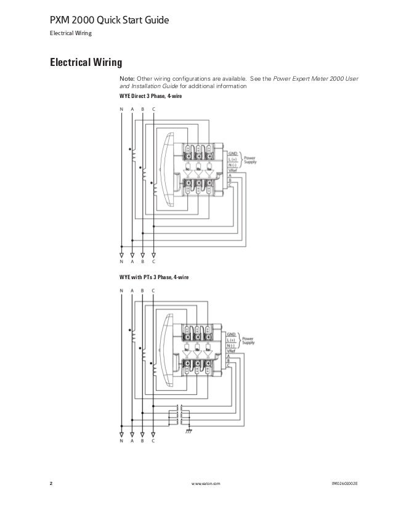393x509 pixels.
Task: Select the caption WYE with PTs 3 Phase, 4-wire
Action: (x=154, y=278)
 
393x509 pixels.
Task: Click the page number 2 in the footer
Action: (x=51, y=484)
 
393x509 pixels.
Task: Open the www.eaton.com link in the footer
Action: (x=206, y=484)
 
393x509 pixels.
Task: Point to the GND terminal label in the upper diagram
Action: (x=232, y=154)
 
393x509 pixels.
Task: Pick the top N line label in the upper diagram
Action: (x=121, y=109)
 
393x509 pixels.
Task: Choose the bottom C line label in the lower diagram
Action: (x=153, y=441)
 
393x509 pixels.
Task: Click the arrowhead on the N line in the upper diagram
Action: (x=121, y=253)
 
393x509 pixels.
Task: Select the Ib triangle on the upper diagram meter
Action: (x=199, y=166)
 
